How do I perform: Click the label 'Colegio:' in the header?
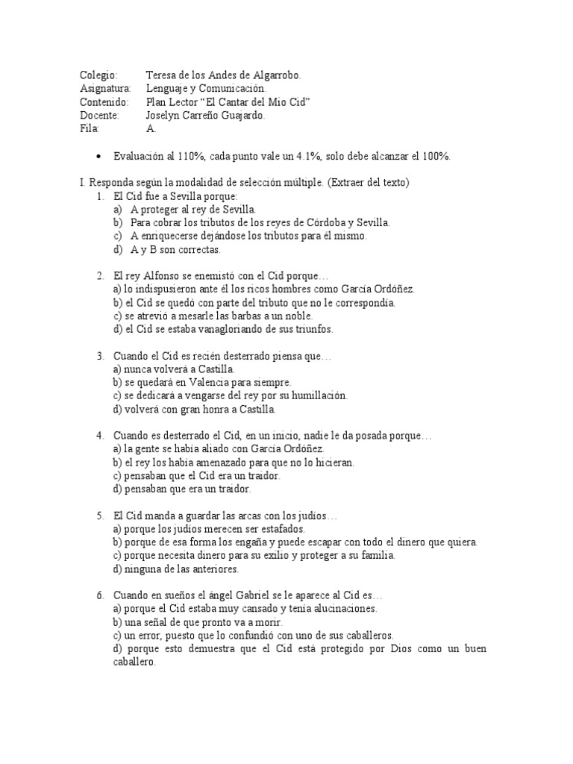[x=98, y=75]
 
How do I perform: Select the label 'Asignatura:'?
[x=104, y=89]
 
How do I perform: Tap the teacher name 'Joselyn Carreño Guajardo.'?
[x=205, y=116]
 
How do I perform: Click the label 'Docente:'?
[x=99, y=116]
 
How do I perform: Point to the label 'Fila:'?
[x=90, y=129]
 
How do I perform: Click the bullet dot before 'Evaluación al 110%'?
[x=99, y=156]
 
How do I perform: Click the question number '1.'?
[x=100, y=195]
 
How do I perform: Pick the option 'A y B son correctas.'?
[x=175, y=249]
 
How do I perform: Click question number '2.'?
[x=100, y=276]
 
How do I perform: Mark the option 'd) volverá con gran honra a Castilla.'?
[x=194, y=410]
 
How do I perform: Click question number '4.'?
[x=100, y=436]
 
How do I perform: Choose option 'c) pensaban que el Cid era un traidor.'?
[x=196, y=476]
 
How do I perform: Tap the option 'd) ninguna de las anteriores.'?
[x=175, y=569]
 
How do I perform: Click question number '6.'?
[x=100, y=595]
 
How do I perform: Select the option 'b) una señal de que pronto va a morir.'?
[x=198, y=622]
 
